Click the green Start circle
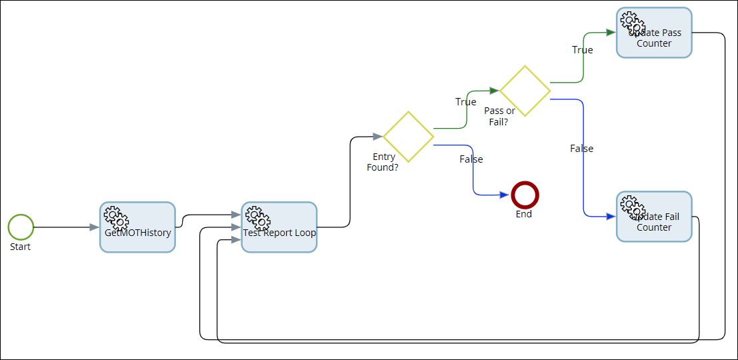(x=21, y=227)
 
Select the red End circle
(x=525, y=195)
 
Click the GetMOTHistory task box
(x=137, y=227)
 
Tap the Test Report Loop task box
(x=279, y=227)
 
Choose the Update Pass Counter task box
(x=654, y=33)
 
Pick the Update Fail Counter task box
(x=654, y=217)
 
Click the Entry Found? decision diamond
(x=408, y=137)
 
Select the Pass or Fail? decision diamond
(x=525, y=91)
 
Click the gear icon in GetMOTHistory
(x=116, y=217)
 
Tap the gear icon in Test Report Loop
(x=257, y=217)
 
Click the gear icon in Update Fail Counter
(x=633, y=206)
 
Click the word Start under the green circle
(x=21, y=247)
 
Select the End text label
(x=524, y=215)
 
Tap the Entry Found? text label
(x=383, y=162)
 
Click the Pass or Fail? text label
(x=499, y=116)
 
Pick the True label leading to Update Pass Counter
(x=582, y=50)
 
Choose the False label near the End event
(x=471, y=159)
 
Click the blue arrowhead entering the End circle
(x=505, y=195)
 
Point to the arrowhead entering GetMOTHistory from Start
(x=94, y=227)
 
